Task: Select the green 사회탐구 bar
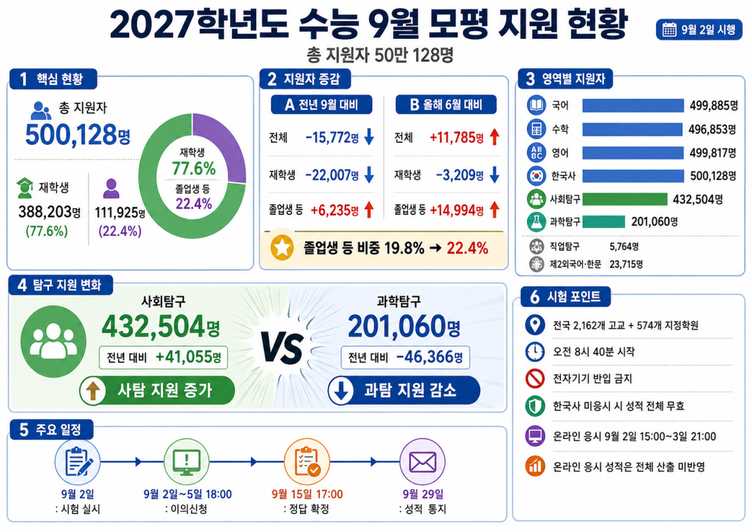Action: (625, 199)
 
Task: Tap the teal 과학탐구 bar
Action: (603, 222)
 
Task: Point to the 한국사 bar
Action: (633, 176)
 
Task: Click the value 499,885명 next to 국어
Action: (714, 106)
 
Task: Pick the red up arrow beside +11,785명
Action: (494, 137)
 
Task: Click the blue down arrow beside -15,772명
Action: (369, 137)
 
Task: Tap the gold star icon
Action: (282, 248)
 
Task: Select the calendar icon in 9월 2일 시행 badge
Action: (669, 29)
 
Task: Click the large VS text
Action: (283, 349)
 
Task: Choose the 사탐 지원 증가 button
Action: (157, 390)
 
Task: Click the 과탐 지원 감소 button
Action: (404, 390)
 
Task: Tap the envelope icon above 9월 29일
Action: (422, 462)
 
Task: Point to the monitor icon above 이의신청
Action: (186, 462)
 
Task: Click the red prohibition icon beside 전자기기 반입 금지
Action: (535, 378)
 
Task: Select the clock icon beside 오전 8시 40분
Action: (535, 352)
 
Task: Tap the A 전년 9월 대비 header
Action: (321, 105)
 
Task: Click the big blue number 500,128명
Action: (78, 135)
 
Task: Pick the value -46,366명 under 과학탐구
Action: (429, 357)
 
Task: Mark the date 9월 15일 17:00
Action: (307, 494)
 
